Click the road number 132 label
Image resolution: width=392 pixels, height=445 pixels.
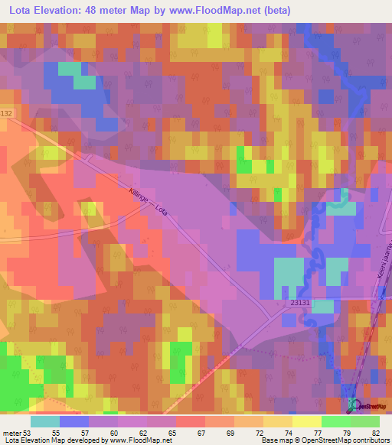(8, 112)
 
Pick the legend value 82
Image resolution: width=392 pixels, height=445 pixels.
(376, 433)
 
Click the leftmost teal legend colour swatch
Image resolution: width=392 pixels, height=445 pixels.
(44, 421)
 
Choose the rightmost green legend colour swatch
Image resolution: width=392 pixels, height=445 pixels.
(364, 421)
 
